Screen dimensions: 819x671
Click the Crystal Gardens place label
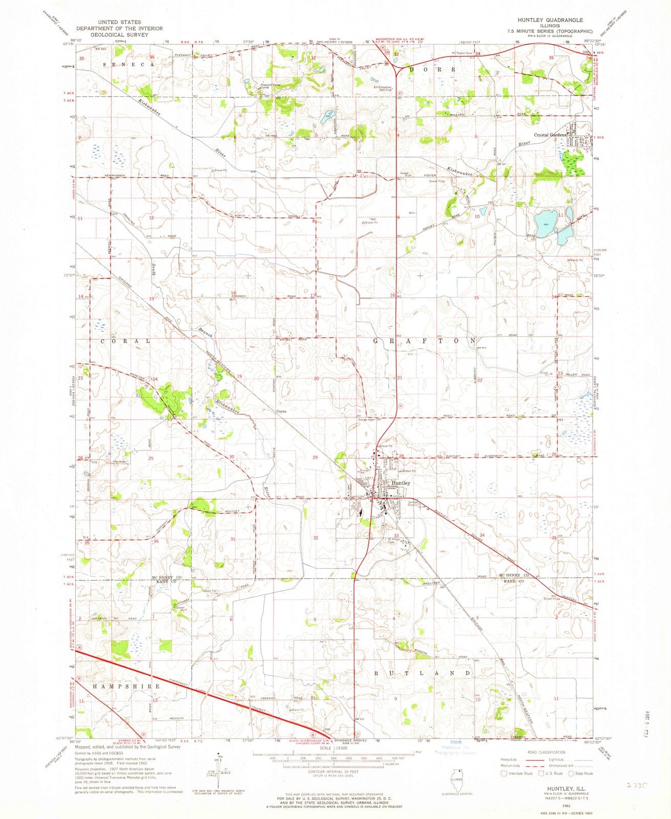(550, 135)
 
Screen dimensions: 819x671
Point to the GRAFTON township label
(425, 340)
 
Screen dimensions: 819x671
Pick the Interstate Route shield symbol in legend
(504, 773)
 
